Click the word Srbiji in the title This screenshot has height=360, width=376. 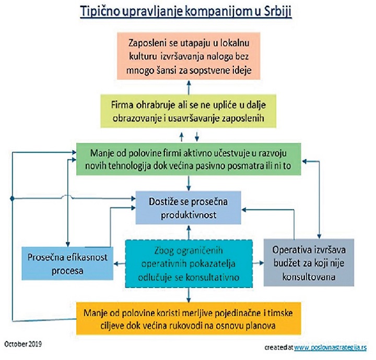(278, 11)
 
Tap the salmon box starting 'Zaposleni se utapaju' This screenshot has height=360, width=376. (189, 56)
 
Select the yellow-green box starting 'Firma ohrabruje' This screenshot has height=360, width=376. (188, 111)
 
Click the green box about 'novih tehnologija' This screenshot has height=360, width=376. (189, 159)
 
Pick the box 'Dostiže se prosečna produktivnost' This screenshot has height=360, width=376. (188, 208)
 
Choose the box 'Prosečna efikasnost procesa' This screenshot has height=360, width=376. (67, 263)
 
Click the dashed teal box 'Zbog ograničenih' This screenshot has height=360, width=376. (189, 263)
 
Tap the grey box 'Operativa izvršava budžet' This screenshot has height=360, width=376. (309, 262)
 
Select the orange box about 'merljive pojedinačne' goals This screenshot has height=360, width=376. (189, 319)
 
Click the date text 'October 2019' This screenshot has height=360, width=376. (23, 344)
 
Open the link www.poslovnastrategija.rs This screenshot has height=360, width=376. (330, 347)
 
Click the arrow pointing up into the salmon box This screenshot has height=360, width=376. (189, 88)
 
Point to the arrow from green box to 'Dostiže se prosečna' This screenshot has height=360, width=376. (189, 183)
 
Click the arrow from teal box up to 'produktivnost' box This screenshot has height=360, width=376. (189, 232)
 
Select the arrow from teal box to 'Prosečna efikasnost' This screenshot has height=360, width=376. (120, 264)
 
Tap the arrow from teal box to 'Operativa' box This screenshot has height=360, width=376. (258, 263)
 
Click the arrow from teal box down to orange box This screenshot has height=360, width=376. (189, 295)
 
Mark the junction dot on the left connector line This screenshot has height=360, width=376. (13, 199)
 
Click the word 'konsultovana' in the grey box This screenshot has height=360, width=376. (309, 277)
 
